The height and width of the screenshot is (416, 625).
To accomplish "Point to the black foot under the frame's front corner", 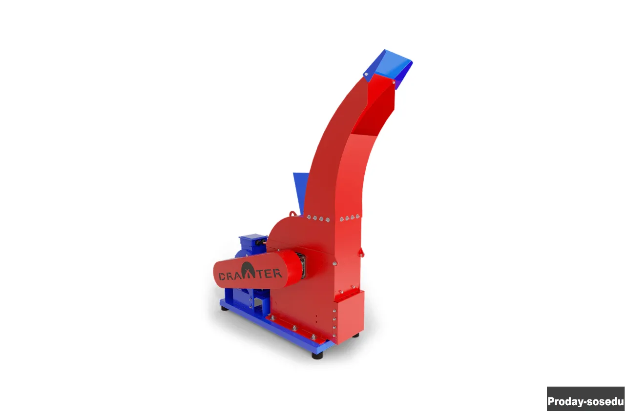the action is click(317, 355).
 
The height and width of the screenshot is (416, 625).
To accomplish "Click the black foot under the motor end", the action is click(224, 308).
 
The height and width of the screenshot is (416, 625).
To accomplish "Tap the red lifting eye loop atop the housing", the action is click(292, 214).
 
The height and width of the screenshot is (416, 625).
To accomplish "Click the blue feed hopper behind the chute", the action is click(300, 192).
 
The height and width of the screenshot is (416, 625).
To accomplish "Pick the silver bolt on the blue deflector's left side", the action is click(366, 75).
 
